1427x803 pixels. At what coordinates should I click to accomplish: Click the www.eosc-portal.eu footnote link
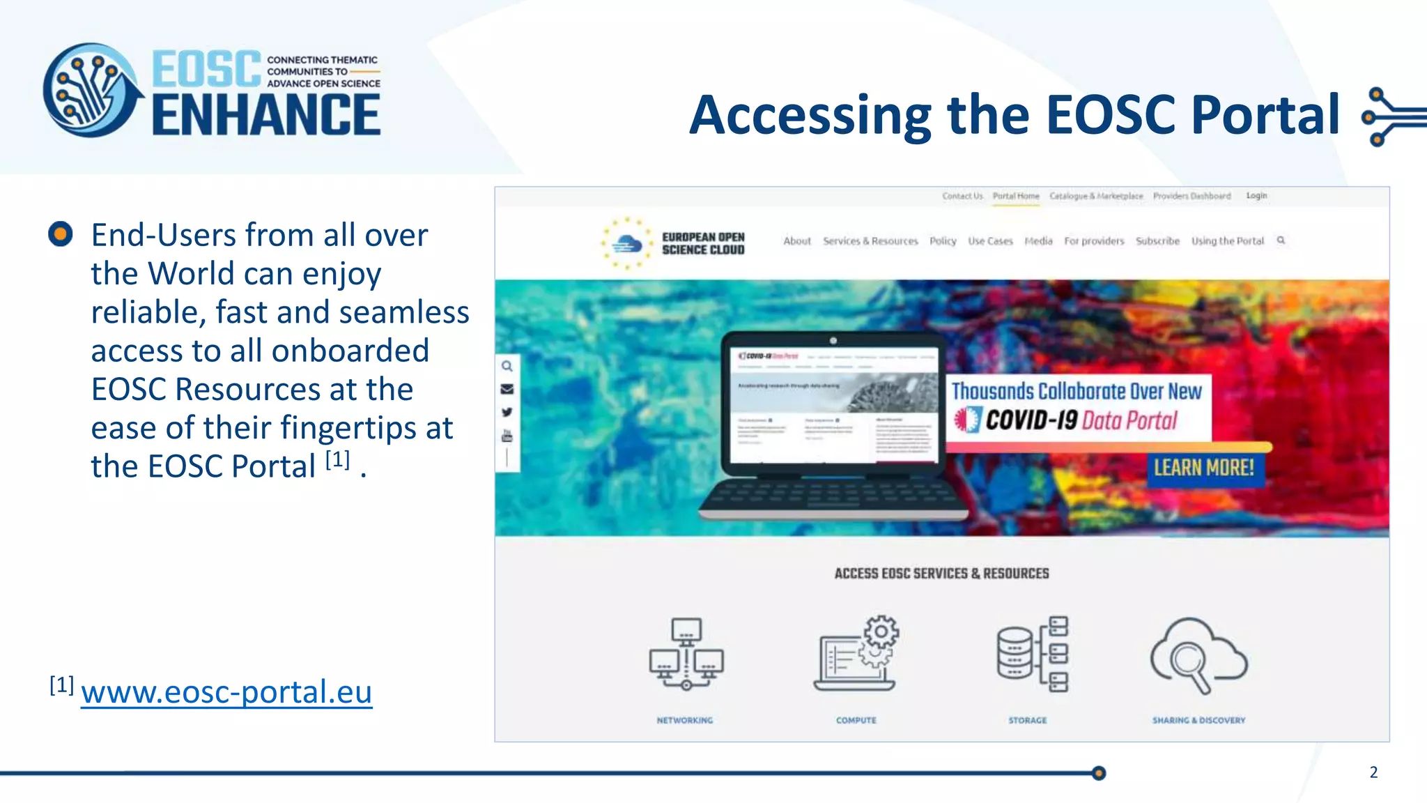(x=226, y=692)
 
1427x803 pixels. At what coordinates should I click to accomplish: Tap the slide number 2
(x=1373, y=772)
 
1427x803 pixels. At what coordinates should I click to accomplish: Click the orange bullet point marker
(x=61, y=234)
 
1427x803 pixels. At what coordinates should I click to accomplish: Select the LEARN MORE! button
(x=1203, y=468)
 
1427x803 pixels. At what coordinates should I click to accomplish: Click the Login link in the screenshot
(x=1256, y=196)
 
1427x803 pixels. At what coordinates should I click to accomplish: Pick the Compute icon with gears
(x=856, y=653)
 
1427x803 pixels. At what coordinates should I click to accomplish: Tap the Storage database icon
(x=1032, y=654)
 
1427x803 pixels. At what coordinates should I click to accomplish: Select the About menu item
(x=797, y=241)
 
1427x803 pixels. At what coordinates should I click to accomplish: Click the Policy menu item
(x=943, y=241)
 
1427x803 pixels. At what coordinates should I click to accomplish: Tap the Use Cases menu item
(x=990, y=241)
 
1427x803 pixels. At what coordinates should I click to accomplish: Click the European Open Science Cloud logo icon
(x=626, y=243)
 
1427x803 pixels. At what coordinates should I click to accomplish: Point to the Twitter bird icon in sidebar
(x=507, y=413)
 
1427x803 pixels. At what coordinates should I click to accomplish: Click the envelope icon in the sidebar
(x=507, y=389)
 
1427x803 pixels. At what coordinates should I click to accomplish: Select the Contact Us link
(x=962, y=196)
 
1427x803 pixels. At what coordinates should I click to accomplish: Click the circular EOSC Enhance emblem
(x=91, y=91)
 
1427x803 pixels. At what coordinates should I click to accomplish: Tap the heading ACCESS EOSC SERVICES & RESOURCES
(x=941, y=574)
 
